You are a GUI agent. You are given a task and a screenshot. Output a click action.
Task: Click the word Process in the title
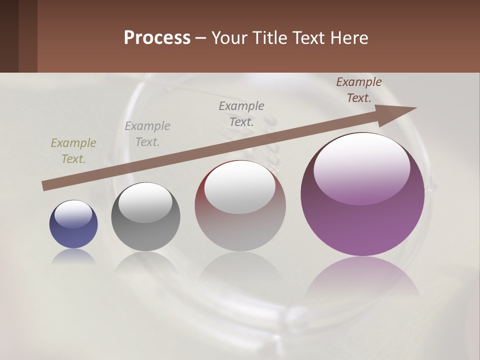[x=157, y=38]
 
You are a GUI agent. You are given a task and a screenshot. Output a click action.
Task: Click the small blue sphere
[x=73, y=235]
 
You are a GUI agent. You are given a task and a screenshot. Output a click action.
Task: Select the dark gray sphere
[x=145, y=232]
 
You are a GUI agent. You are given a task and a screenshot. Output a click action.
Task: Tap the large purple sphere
[x=362, y=225]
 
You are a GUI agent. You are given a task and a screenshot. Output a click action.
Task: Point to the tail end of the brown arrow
[x=44, y=186]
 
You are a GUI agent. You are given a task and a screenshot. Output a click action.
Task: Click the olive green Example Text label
[x=73, y=151]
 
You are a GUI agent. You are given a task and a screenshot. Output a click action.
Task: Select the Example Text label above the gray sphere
[x=147, y=134]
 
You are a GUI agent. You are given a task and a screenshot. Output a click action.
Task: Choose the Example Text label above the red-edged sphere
[x=241, y=113]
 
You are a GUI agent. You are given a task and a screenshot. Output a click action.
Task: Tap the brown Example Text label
[x=359, y=90]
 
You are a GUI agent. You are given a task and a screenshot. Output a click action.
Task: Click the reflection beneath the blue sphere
[x=73, y=256]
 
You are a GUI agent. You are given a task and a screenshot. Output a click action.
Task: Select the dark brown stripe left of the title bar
[x=9, y=36]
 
